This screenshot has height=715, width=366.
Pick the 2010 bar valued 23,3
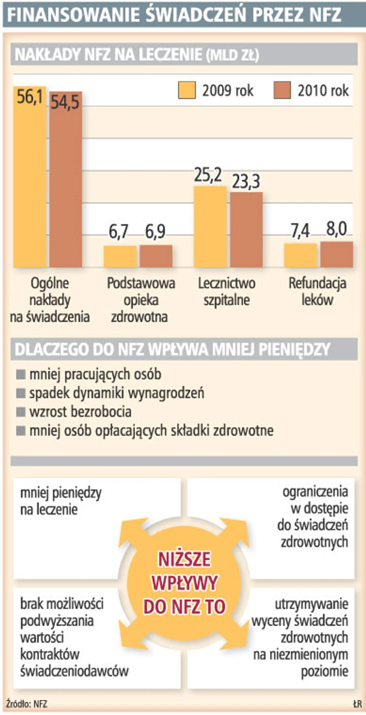coord(246,230)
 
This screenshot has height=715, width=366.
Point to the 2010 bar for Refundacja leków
coord(336,254)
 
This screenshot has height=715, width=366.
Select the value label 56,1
coord(30,97)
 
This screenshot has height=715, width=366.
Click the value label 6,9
coord(155,232)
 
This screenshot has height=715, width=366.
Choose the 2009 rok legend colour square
coord(187,91)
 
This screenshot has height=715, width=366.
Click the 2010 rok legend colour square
coord(282,91)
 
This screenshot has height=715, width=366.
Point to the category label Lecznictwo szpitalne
coord(226,292)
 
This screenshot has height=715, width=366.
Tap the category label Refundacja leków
coord(317,292)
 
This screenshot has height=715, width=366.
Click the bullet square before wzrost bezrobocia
coord(20,412)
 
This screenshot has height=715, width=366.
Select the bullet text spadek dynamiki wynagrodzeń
coord(117,393)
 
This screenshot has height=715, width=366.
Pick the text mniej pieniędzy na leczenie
coord(60,501)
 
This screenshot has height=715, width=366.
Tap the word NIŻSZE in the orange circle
coord(184,559)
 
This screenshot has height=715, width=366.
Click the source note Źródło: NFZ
coord(27,704)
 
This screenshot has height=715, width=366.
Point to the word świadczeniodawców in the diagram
coord(74,670)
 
